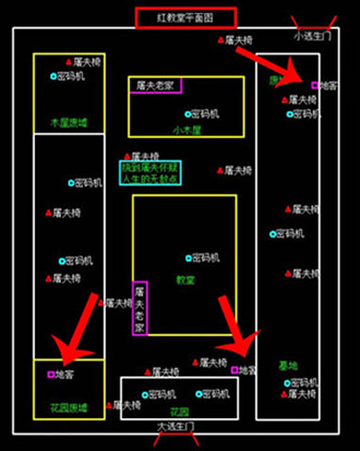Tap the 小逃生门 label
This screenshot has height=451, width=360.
pos(311,37)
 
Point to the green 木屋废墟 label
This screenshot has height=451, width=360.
pos(69,122)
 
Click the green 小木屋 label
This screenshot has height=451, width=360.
pos(187,130)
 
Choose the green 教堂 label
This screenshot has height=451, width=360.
pos(186,279)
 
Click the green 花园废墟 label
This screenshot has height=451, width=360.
pos(69,408)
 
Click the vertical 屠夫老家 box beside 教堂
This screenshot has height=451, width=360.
pos(140,308)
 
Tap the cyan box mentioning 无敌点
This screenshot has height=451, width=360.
pos(150,171)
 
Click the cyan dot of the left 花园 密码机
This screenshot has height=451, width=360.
pos(146,395)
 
